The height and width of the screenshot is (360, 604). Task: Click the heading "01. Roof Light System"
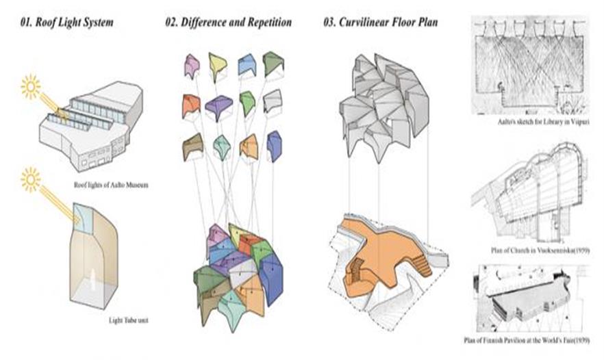(66, 23)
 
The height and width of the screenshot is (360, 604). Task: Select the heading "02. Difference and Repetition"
(228, 23)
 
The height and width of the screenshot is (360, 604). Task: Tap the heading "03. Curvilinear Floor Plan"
(381, 23)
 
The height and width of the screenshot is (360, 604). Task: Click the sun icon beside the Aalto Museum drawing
(31, 87)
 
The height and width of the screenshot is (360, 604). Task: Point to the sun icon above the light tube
(31, 179)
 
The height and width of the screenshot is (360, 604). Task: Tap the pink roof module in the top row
(191, 66)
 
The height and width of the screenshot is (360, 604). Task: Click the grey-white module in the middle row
(272, 103)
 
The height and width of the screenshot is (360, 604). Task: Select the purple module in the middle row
(218, 107)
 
